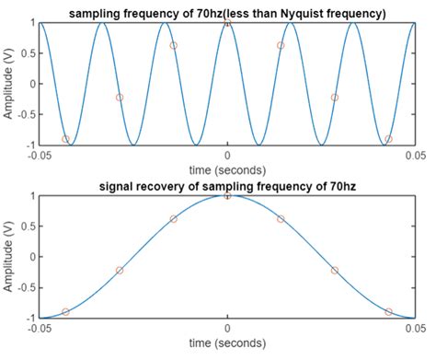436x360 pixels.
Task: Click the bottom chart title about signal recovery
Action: pos(227,187)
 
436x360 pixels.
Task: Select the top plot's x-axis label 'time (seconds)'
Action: pos(227,170)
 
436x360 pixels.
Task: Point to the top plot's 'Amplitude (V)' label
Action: pos(8,83)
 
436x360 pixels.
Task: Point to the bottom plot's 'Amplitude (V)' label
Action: pos(8,257)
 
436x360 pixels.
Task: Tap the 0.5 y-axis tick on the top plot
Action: pos(27,52)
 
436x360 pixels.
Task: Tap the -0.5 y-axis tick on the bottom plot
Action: pos(25,288)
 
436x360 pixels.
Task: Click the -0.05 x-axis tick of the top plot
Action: pos(39,157)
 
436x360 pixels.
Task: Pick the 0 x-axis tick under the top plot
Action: pos(227,157)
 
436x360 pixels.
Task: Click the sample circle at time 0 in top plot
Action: pos(227,22)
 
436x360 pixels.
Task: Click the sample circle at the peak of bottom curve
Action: pos(227,195)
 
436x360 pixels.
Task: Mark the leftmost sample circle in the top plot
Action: pos(65,139)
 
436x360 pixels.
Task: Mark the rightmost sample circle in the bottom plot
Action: pos(388,312)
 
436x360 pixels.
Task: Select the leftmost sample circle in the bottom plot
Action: pos(65,312)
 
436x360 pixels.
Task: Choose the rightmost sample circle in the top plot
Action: pos(388,139)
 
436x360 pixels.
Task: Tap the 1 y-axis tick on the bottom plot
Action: pos(31,196)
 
